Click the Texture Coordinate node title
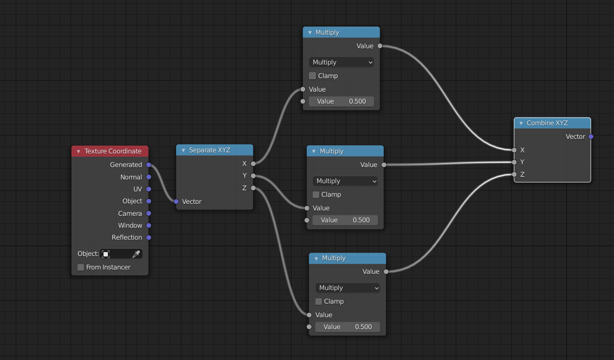coord(113,151)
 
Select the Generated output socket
coord(148,165)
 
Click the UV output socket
coord(148,189)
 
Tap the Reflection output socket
coord(148,237)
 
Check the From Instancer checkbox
coord(81,267)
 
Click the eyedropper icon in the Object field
coord(136,254)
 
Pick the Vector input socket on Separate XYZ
coord(176,202)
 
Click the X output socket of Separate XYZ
coord(253,163)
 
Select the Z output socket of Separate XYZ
coord(253,188)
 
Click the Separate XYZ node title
coord(209,150)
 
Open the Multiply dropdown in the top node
coord(341,62)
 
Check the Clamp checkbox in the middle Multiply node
coord(316,195)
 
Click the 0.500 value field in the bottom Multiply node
coord(347,327)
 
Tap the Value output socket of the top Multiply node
coord(380,46)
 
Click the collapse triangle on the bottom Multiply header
coord(316,259)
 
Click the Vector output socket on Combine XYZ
coord(591,137)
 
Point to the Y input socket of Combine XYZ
coord(514,162)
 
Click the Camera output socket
coord(148,214)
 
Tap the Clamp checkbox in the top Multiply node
coord(312,76)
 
